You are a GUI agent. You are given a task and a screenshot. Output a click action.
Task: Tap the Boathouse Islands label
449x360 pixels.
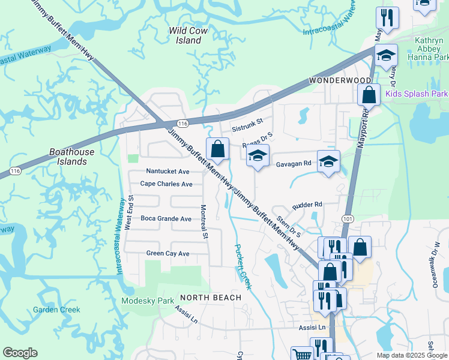point(71,157)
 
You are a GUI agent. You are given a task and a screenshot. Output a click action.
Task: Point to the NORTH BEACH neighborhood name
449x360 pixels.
point(210,298)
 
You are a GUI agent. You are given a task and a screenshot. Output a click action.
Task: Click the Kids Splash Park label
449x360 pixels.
point(416,94)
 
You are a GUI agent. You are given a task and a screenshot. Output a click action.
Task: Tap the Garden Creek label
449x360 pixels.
point(56,310)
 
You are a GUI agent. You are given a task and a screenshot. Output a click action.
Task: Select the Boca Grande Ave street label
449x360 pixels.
point(166,219)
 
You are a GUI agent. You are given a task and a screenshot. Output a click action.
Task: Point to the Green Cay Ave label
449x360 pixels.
point(167,254)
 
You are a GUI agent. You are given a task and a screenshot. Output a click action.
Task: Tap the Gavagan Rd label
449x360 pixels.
point(294,163)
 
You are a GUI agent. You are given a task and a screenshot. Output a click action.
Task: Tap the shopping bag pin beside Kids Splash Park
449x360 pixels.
point(369,95)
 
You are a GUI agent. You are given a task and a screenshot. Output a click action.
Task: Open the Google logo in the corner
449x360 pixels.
point(20,353)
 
